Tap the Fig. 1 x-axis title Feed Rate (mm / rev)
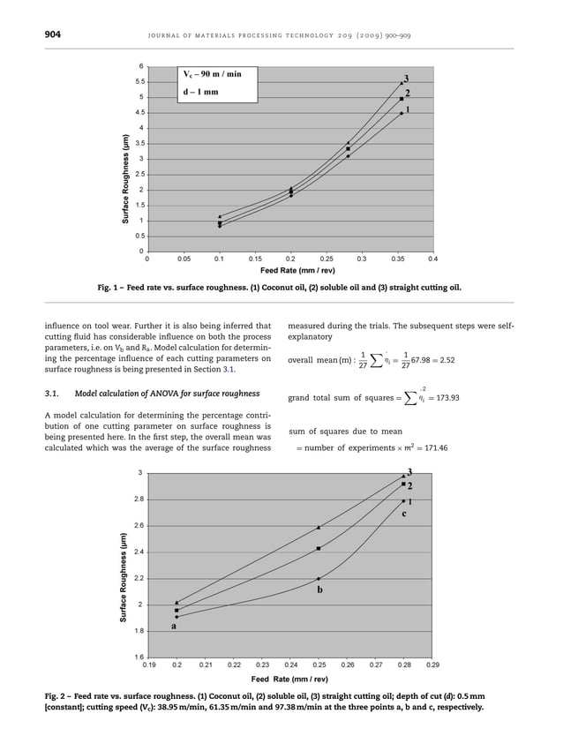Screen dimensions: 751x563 (289, 271)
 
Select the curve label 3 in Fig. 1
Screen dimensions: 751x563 (406, 79)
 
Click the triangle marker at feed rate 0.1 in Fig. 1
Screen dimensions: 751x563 (220, 216)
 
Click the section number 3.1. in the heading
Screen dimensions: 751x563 (55, 393)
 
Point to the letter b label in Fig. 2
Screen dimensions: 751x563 (319, 589)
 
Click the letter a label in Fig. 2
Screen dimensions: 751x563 (173, 626)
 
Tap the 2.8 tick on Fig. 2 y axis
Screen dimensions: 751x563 (137, 499)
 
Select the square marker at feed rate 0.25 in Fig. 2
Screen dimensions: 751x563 (319, 548)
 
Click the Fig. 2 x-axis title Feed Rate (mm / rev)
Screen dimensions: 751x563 (289, 680)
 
